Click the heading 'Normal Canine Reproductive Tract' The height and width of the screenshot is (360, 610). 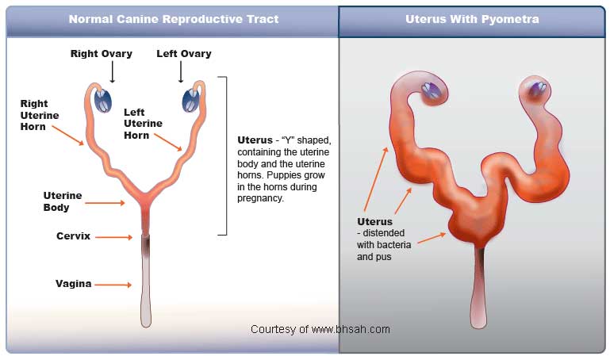174,19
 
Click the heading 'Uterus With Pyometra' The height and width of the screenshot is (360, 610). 472,19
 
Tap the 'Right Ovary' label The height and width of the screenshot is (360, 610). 101,54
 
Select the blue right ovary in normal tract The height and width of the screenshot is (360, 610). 104,101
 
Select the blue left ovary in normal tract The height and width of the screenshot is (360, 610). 190,101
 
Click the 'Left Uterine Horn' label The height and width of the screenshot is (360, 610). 143,124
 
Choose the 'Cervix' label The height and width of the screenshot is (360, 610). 73,236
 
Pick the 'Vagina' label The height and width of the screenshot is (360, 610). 74,283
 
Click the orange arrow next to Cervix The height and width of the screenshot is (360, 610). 113,236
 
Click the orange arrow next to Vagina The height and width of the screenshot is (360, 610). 113,284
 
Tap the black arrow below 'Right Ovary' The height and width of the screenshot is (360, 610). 112,72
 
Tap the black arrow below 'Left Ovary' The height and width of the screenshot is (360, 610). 181,72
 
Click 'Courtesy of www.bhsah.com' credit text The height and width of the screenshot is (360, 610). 320,329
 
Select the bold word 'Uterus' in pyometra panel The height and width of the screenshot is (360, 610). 374,222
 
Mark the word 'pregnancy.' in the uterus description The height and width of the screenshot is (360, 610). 260,198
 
